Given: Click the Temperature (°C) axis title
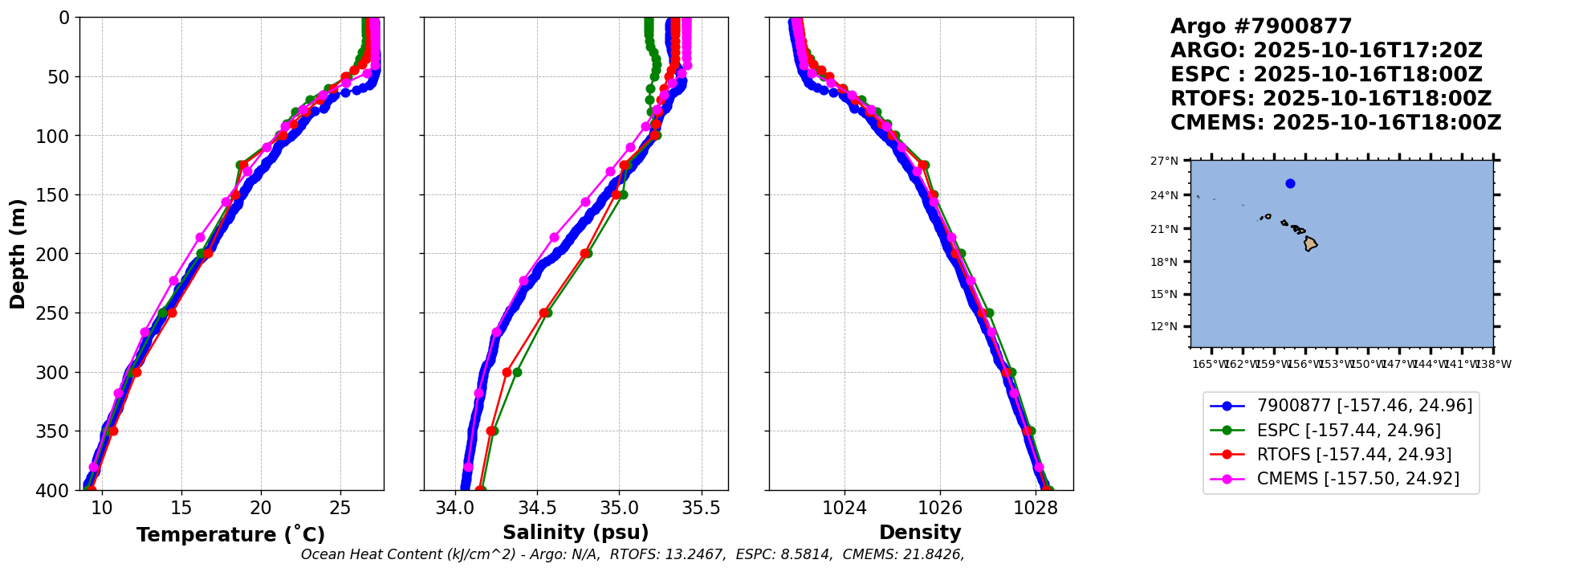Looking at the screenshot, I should pyautogui.click(x=230, y=535).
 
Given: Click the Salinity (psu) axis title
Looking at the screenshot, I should pyautogui.click(x=576, y=533).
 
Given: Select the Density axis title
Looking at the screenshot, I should pyautogui.click(x=920, y=533).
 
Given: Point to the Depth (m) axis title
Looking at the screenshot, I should pyautogui.click(x=18, y=254).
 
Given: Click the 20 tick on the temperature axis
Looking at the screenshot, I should pyautogui.click(x=261, y=508).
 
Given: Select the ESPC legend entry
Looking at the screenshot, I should pyautogui.click(x=1349, y=431).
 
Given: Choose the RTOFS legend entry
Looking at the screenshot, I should pyautogui.click(x=1353, y=455).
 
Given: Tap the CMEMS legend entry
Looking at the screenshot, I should pyautogui.click(x=1357, y=479).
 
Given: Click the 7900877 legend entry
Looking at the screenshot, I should pyautogui.click(x=1364, y=406).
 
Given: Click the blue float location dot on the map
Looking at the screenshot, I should pyautogui.click(x=1290, y=183).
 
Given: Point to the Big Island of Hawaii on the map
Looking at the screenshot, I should pyautogui.click(x=1310, y=243).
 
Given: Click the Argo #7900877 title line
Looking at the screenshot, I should pyautogui.click(x=1260, y=27).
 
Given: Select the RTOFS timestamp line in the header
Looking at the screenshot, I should pyautogui.click(x=1330, y=99).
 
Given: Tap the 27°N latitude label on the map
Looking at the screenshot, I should pyautogui.click(x=1164, y=161).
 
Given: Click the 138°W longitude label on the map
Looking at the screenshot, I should pyautogui.click(x=1493, y=364).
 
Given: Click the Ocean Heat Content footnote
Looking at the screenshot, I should pyautogui.click(x=632, y=554).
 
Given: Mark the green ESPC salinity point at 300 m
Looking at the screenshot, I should pyautogui.click(x=517, y=372).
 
